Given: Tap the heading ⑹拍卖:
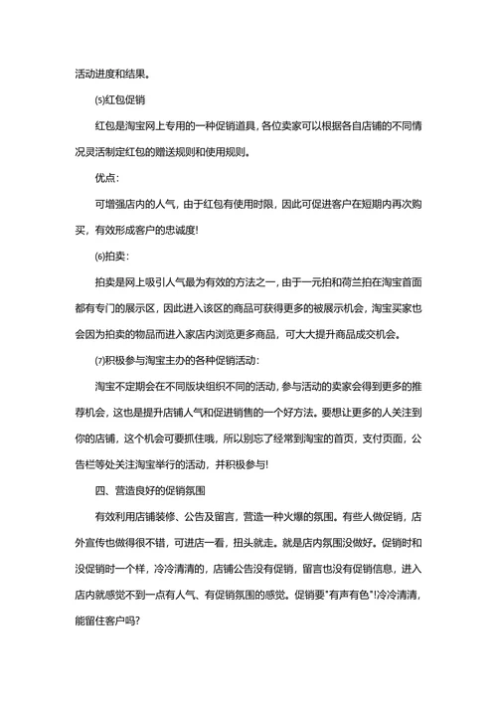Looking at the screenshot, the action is pos(110,256).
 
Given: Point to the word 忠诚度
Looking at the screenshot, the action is pos(178,230).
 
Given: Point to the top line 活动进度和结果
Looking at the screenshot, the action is pos(114,75).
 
